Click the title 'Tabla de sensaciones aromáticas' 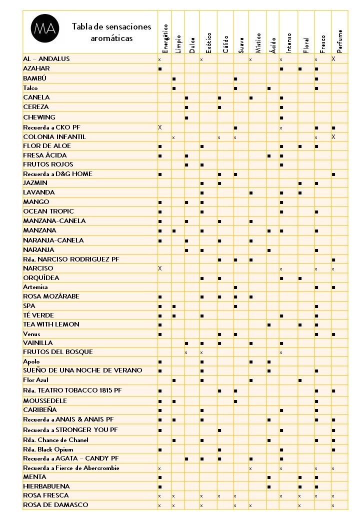pyautogui.click(x=111, y=32)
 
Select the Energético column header pyautogui.click(x=165, y=38)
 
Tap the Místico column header pyautogui.click(x=258, y=42)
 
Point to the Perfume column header pyautogui.click(x=339, y=40)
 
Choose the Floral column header pyautogui.click(x=306, y=44)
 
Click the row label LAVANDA pyautogui.click(x=39, y=192)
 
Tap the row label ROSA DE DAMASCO pyautogui.click(x=55, y=505)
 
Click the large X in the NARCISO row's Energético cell pyautogui.click(x=160, y=268)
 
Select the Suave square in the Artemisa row pyautogui.click(x=235, y=287)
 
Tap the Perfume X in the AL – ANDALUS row pyautogui.click(x=333, y=59)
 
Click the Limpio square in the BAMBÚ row pyautogui.click(x=173, y=79)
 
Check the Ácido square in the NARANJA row pyautogui.click(x=269, y=250)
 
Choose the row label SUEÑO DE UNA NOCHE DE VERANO pyautogui.click(x=82, y=370)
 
